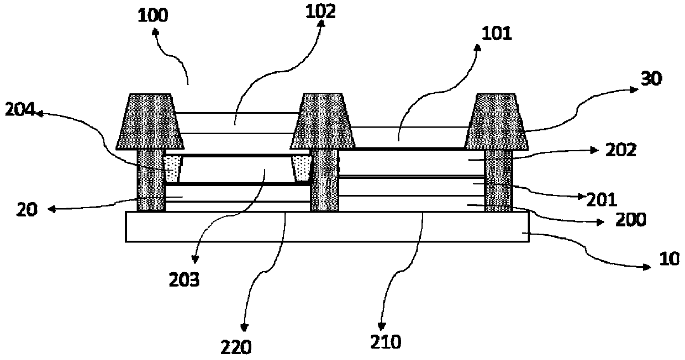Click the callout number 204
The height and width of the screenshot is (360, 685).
[x=19, y=112]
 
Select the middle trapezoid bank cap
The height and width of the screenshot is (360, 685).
[x=324, y=121]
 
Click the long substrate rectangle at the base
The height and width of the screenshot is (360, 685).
[x=327, y=226]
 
